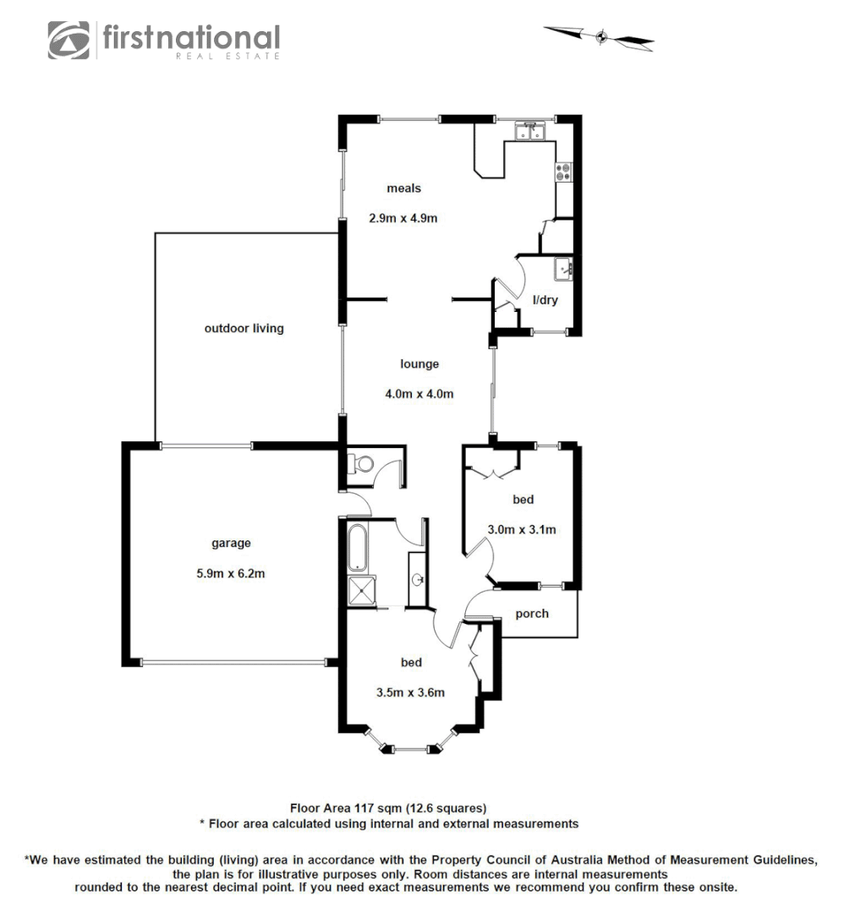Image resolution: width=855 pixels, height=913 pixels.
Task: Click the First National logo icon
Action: point(69,40)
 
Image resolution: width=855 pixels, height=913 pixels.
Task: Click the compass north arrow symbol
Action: point(600,36)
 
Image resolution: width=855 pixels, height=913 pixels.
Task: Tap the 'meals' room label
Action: point(403,189)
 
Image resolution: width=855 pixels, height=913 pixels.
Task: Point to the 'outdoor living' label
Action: point(244,329)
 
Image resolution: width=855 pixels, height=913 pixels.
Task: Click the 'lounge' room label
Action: point(419,364)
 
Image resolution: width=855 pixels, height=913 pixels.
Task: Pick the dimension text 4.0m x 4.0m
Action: point(419,394)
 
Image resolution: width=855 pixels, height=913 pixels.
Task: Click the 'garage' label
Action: point(231,544)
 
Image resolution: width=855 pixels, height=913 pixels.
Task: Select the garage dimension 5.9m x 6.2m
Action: point(231,573)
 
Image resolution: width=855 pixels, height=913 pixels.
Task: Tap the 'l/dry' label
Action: point(545,300)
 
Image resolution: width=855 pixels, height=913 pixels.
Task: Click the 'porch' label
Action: point(532,614)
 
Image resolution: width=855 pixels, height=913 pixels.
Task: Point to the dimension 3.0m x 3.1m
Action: point(522,530)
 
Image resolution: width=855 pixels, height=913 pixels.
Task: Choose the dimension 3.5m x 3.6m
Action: point(410,692)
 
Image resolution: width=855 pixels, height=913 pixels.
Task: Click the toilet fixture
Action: point(361,464)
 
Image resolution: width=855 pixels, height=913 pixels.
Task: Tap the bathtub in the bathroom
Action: point(357,545)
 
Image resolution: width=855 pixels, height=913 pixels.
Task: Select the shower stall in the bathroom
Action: point(362,591)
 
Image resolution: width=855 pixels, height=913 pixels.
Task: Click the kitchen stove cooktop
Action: point(563,172)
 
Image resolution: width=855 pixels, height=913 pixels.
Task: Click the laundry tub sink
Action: point(564,270)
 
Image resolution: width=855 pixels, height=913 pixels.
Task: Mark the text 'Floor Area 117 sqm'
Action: point(346,807)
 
